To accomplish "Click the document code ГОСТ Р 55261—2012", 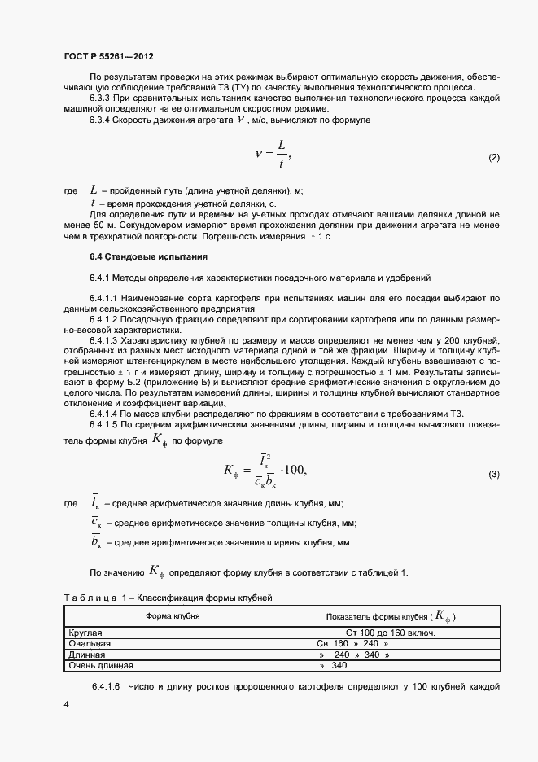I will pos(108,57).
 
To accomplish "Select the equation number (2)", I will pos(493,157).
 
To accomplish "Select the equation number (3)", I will pos(493,475).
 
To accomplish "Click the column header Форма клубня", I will pos(173,616).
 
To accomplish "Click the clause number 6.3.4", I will pos(99,120).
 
